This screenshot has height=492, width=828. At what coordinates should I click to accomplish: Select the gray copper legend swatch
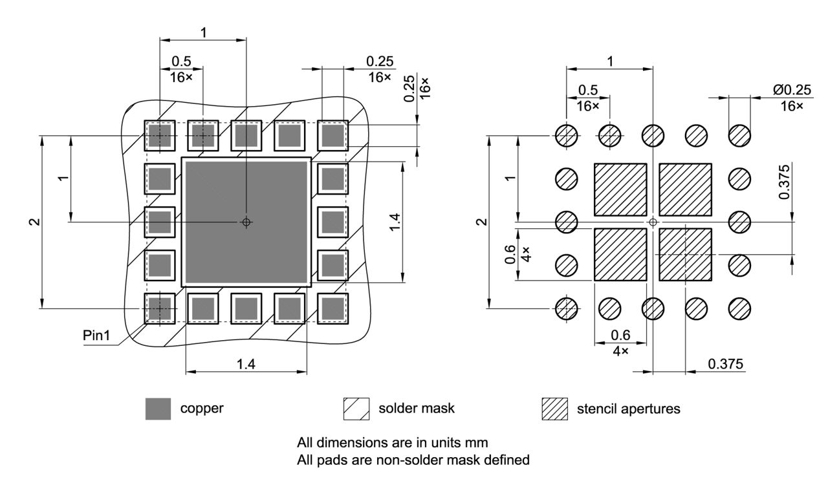pyautogui.click(x=158, y=409)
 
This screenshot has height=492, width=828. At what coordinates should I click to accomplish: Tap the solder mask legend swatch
pyautogui.click(x=356, y=409)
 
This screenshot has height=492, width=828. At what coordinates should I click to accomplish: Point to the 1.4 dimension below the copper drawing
pyautogui.click(x=246, y=365)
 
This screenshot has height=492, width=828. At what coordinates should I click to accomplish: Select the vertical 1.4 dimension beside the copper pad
pyautogui.click(x=395, y=222)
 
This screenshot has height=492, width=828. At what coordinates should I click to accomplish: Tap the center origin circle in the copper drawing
pyautogui.click(x=246, y=222)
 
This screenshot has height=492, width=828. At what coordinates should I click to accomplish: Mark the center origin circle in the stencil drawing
pyautogui.click(x=653, y=222)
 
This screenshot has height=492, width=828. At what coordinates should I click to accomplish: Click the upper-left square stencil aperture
pyautogui.click(x=620, y=189)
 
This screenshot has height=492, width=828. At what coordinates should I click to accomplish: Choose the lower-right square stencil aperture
pyautogui.click(x=686, y=254)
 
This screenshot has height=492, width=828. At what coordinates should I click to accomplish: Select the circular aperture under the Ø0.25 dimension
pyautogui.click(x=739, y=136)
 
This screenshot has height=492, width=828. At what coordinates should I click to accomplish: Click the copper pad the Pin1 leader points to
pyautogui.click(x=159, y=308)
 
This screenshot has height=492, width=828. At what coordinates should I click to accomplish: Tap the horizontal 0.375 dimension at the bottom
pyautogui.click(x=725, y=364)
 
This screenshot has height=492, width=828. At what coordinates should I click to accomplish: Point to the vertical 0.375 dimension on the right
pyautogui.click(x=784, y=186)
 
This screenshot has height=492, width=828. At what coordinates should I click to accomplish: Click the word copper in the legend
pyautogui.click(x=202, y=409)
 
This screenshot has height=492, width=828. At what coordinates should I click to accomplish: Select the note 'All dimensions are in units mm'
pyautogui.click(x=392, y=444)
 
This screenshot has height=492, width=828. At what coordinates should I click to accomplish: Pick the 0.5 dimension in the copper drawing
pyautogui.click(x=181, y=61)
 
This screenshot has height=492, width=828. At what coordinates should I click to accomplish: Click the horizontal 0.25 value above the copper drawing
pyautogui.click(x=380, y=61)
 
